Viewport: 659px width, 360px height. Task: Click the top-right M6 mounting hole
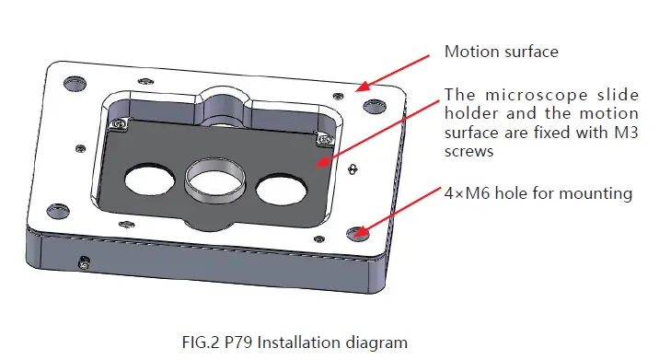371,103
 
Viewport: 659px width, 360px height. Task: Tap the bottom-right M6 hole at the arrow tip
359,234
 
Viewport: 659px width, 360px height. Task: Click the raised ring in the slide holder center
215,177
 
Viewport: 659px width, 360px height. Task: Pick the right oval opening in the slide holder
281,188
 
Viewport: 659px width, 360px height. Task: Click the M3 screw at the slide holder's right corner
322,138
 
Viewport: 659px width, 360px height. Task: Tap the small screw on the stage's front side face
84,264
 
